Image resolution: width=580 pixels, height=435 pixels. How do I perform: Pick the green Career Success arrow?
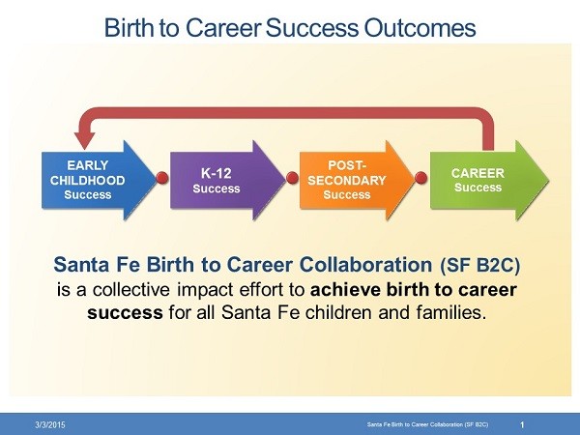tap(489, 180)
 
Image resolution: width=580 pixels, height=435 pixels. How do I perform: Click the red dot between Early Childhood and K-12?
tap(162, 178)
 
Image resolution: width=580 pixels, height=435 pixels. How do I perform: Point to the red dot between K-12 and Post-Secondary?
tap(292, 178)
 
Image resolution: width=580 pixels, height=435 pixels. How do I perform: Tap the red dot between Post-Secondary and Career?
tap(420, 178)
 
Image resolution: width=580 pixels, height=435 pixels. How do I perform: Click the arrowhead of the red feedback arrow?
tap(85, 140)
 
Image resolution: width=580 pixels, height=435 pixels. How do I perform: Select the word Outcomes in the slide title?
tap(420, 27)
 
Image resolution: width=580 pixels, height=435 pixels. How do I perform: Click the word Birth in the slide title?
tap(129, 27)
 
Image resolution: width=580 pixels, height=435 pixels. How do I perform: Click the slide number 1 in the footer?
tap(522, 424)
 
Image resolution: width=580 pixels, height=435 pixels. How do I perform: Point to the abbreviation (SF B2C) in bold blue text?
tap(480, 265)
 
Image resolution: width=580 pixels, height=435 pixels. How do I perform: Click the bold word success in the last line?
tap(125, 313)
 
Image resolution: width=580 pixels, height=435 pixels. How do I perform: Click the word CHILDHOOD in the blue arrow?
tap(88, 181)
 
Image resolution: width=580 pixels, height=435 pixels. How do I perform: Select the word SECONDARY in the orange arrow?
tap(347, 181)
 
